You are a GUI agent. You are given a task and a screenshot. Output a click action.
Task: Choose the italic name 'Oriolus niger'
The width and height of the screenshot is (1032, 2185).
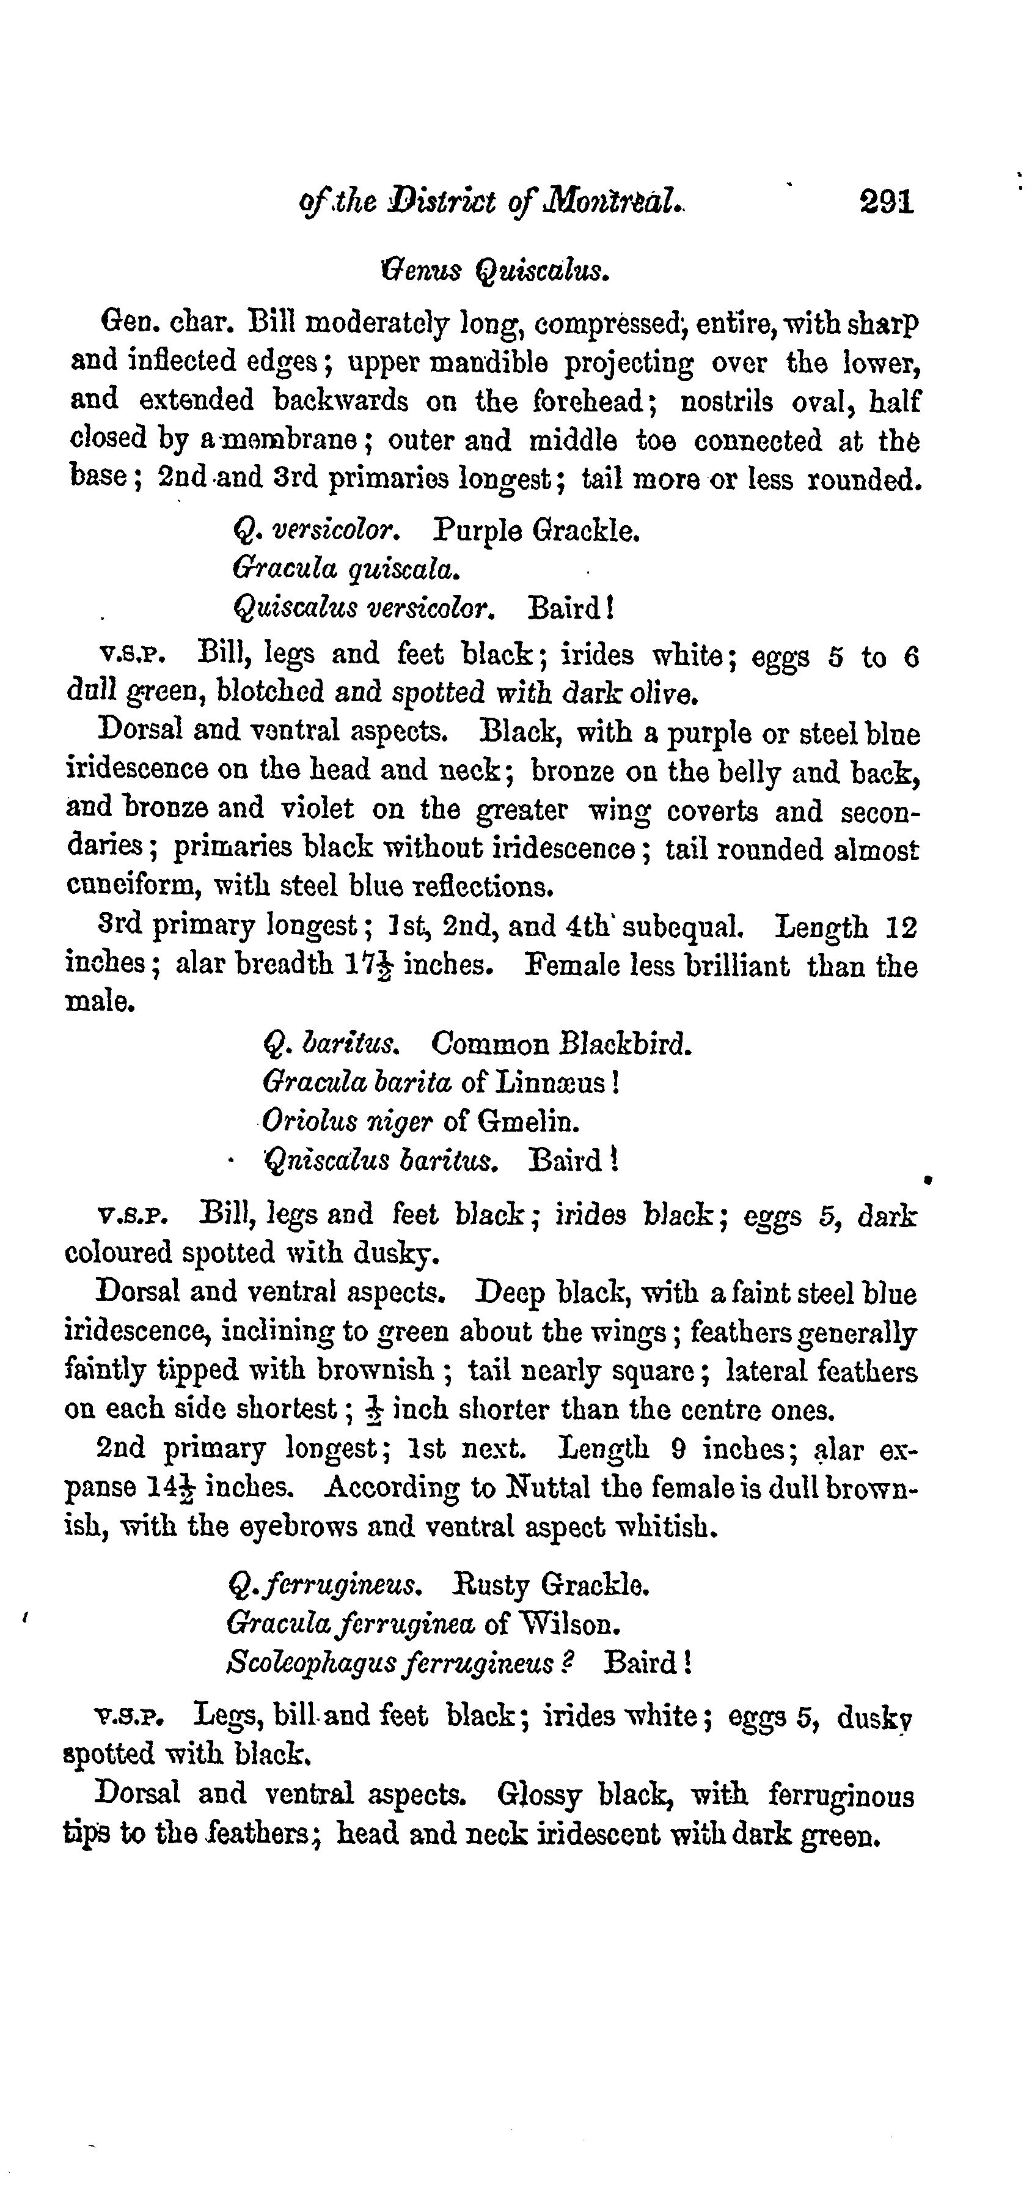(348, 1121)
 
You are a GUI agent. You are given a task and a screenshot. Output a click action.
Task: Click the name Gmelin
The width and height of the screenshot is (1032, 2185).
(529, 1121)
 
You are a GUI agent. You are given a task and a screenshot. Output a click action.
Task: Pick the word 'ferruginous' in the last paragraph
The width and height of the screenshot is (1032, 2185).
(841, 1796)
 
